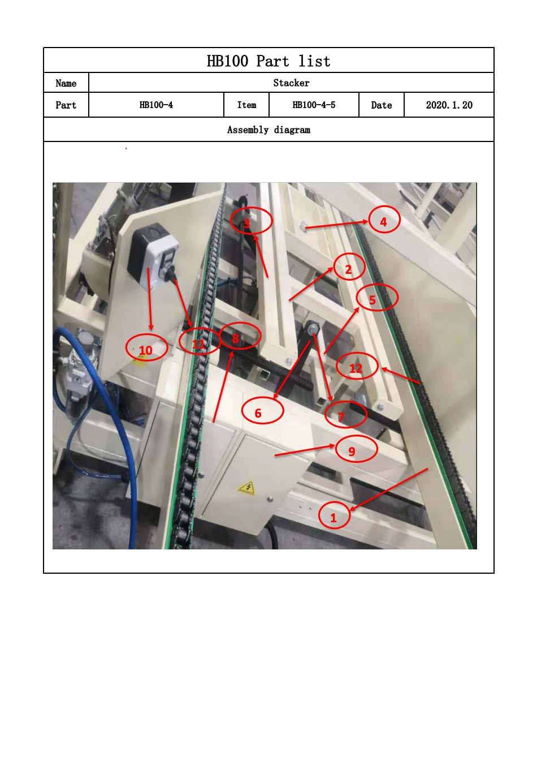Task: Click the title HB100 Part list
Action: coord(268,61)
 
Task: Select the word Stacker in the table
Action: coord(291,83)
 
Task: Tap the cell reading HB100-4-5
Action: coord(314,105)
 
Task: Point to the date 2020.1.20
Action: coord(449,105)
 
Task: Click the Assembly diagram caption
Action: coord(268,130)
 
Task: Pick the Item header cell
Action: coord(246,105)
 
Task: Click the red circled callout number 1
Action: coord(334,515)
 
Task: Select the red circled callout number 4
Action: coord(384,220)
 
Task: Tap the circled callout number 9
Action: coord(356,449)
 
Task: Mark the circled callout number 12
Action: coord(357,366)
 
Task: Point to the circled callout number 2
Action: coord(349,267)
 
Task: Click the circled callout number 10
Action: coord(147,347)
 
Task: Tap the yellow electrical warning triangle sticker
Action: coord(247,488)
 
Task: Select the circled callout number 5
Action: coord(377,298)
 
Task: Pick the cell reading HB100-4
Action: coord(156,105)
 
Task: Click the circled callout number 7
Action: coord(346,414)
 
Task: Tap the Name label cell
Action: coord(66,83)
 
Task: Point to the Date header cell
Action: coord(381,105)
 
